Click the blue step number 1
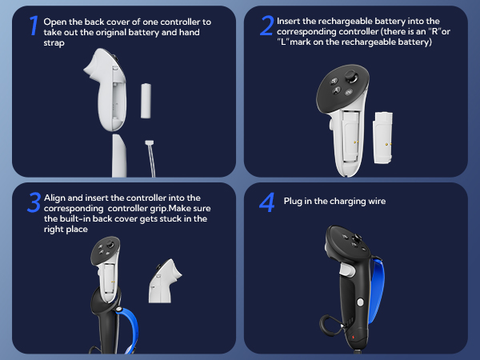coord(33,25)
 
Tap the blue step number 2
coord(266,25)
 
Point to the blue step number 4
coord(266,202)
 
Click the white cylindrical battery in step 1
coord(146,100)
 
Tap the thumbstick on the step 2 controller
coord(350,78)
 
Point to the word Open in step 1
coord(58,21)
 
